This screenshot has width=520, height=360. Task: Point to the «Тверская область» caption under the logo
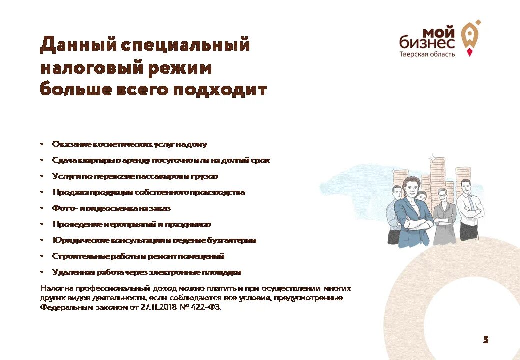(427, 54)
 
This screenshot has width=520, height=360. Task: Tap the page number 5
(485, 340)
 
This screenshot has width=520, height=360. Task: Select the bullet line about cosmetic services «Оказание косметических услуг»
(129, 144)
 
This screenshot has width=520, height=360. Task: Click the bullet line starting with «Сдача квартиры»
(161, 160)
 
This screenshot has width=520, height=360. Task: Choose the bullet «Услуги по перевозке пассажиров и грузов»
(135, 176)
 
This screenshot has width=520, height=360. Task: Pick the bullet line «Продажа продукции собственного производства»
(148, 192)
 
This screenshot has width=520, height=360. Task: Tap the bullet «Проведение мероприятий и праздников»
(131, 224)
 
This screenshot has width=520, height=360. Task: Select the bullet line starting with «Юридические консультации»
(154, 240)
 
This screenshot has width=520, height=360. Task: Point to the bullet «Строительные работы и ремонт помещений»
(138, 256)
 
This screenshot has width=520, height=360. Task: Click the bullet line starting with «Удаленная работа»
(147, 272)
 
